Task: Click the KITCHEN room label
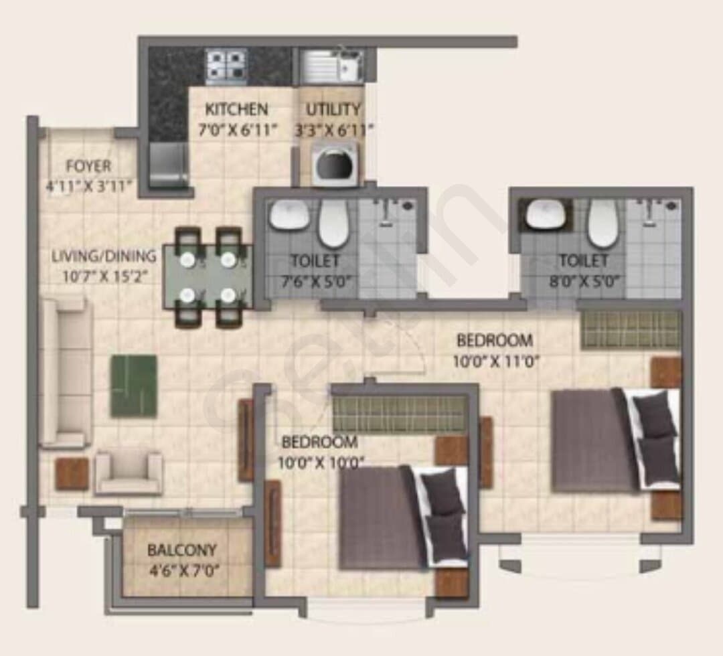[x=236, y=109]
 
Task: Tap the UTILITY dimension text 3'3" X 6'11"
[x=334, y=131]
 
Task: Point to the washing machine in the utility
[x=335, y=165]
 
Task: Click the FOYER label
[x=88, y=166]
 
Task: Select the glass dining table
[x=208, y=276]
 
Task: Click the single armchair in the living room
[x=129, y=472]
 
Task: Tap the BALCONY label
[x=181, y=550]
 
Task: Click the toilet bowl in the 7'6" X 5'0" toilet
[x=333, y=223]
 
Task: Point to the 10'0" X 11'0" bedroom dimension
[x=495, y=361]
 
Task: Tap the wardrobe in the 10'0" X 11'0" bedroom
[x=631, y=330]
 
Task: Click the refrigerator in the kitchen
[x=169, y=165]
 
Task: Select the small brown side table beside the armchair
[x=72, y=474]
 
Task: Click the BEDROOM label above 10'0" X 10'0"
[x=319, y=442]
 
